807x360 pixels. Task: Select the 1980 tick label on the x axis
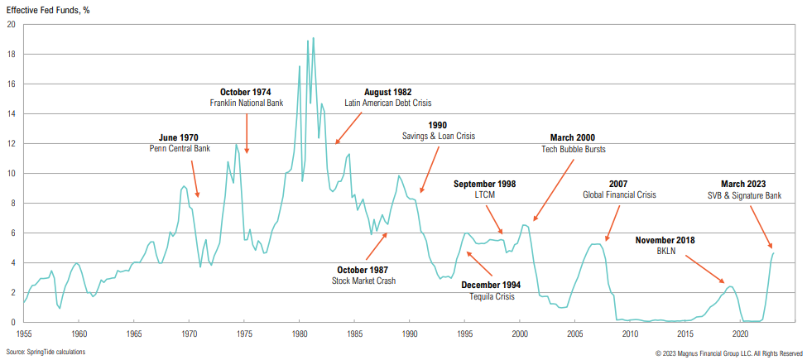coord(300,334)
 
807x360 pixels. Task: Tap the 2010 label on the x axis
coord(631,334)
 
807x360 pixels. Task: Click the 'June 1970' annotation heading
coord(179,137)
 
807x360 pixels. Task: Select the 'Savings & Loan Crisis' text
coord(439,136)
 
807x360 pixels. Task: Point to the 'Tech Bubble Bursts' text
coord(572,149)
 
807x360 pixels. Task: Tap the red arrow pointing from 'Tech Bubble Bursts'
coord(554,190)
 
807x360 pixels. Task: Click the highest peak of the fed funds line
coord(313,37)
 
